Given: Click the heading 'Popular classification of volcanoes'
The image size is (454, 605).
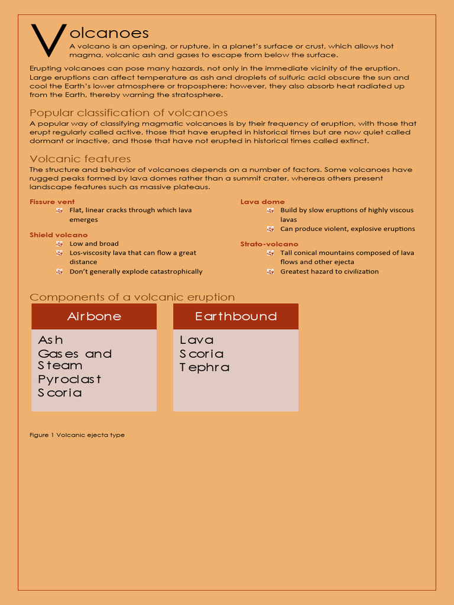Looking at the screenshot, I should point(128,113).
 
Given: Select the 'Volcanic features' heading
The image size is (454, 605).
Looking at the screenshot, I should point(80,159).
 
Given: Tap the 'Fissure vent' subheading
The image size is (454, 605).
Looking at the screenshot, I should point(52,201).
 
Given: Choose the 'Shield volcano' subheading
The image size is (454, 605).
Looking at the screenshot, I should point(59,235).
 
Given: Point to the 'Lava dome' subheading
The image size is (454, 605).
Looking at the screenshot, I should point(262,201).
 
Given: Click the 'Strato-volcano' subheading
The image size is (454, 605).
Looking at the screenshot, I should point(269,244).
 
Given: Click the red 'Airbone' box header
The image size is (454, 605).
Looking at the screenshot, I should point(94,316).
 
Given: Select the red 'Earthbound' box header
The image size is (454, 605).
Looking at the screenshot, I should point(236,316).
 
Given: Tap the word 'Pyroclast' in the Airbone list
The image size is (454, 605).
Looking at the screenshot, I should point(70,379).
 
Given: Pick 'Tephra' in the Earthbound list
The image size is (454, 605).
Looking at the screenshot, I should point(205,367).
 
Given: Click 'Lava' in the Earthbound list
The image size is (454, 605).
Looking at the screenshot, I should point(197,340).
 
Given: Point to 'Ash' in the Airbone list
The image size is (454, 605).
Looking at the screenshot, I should point(51,340).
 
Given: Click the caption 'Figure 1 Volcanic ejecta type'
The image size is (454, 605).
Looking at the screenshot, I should point(77,435).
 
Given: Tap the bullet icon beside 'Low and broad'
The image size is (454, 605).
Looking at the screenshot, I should point(59,243).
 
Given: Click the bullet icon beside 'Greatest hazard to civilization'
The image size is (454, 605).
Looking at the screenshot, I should point(270,271).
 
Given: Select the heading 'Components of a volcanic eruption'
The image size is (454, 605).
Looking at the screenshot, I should point(132,297).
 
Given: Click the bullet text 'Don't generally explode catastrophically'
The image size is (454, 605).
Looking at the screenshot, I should point(136,272).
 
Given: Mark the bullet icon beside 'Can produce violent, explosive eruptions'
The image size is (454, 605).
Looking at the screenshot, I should point(270,229).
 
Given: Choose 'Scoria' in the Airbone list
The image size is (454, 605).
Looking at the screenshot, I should point(60,393).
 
